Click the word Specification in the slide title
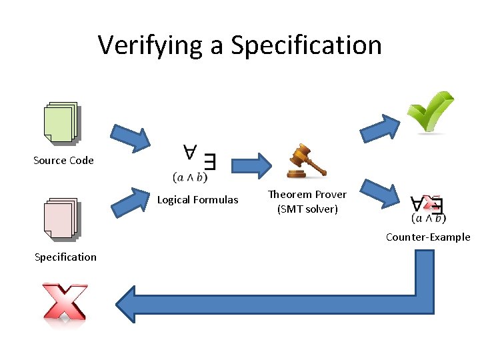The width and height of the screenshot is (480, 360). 306,45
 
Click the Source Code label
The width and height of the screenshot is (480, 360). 63,160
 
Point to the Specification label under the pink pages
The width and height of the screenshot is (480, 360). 65,257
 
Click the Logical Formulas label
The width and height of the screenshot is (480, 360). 197,199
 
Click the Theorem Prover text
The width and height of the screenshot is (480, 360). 307,194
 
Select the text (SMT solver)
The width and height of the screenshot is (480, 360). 307,209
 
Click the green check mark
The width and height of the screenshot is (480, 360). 430,112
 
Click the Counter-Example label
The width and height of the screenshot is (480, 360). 428,237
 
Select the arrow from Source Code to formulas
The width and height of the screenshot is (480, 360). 131,137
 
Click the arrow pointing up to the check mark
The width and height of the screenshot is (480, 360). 380,127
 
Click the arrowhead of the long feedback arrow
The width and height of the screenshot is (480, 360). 133,304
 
